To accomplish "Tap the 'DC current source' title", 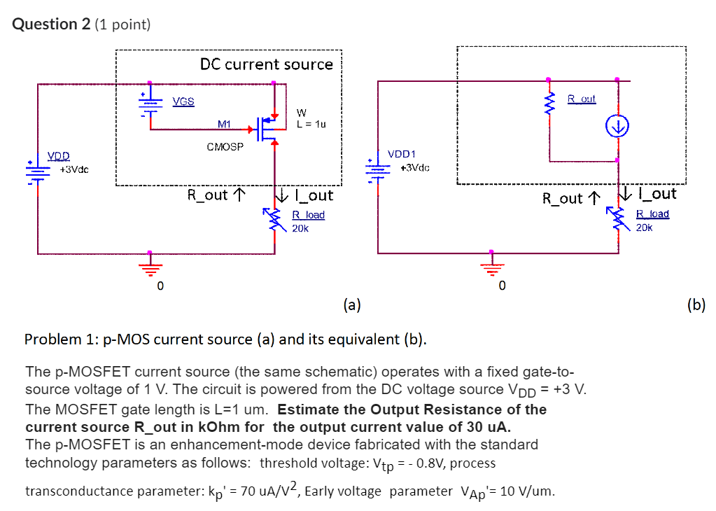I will (266, 64).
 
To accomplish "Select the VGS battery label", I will (183, 101).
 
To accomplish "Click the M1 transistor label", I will (224, 124).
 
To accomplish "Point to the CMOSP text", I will (225, 148).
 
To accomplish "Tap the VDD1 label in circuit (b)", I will (402, 153).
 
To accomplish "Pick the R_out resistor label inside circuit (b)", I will (582, 99).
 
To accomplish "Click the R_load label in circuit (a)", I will (308, 215).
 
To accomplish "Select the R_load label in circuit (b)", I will (652, 213).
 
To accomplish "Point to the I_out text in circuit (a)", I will (314, 195).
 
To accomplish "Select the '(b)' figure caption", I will (696, 304).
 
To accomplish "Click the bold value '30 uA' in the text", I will (490, 427).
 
